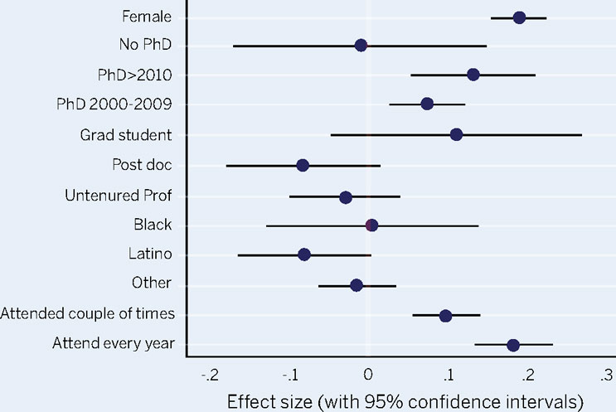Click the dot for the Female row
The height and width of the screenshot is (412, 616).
pos(519,17)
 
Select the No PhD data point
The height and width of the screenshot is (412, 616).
pos(361,45)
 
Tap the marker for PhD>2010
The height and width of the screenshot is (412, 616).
pos(473,75)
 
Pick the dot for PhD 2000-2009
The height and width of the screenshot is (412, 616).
pos(427,104)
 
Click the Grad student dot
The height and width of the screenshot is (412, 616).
pos(456,134)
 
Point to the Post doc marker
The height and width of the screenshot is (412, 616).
pos(303,166)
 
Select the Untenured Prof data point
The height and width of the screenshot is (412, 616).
pos(346,197)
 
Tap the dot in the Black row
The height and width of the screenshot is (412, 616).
pos(371,225)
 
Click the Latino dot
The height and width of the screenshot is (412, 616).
pos(304,254)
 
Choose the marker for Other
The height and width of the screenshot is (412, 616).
pos(357,285)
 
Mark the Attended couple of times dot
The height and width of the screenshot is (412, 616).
pos(445,316)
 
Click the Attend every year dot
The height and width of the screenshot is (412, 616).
pos(513,345)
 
